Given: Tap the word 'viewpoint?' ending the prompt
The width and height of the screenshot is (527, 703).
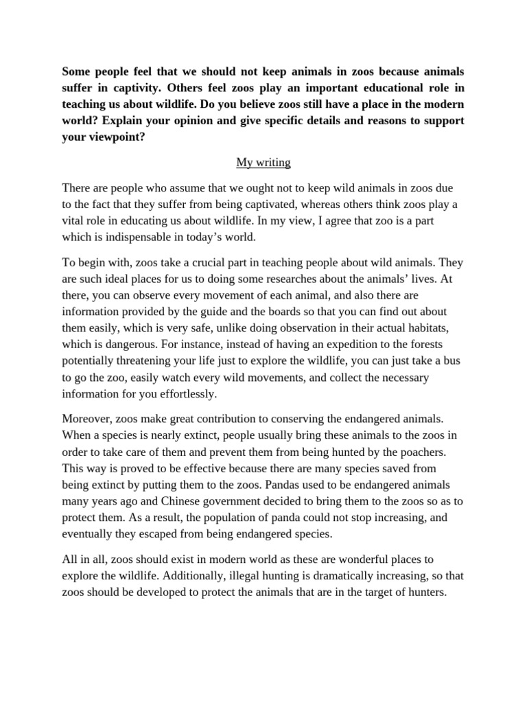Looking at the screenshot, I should coord(113,137).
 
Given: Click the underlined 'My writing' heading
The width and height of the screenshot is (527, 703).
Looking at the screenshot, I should coord(263,163).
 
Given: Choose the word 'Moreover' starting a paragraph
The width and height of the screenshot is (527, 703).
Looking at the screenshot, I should coord(86,419).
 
